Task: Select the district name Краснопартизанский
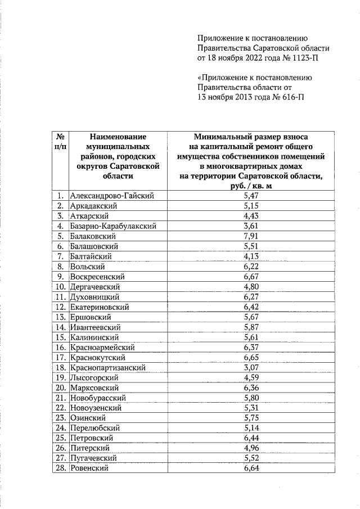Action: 108,368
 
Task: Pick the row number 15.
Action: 60,337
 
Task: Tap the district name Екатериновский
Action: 100,307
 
